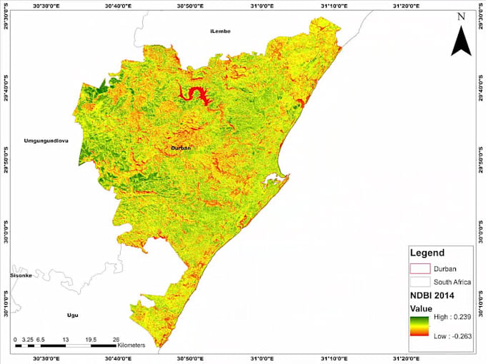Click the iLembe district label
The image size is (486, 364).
tap(219, 32)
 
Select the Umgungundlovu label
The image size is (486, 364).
tap(45, 141)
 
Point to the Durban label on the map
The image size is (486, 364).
tap(183, 148)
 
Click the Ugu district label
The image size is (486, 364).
tap(71, 315)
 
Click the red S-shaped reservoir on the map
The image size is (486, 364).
tap(194, 93)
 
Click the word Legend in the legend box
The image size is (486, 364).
tap(427, 253)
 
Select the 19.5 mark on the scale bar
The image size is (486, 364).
tap(91, 340)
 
